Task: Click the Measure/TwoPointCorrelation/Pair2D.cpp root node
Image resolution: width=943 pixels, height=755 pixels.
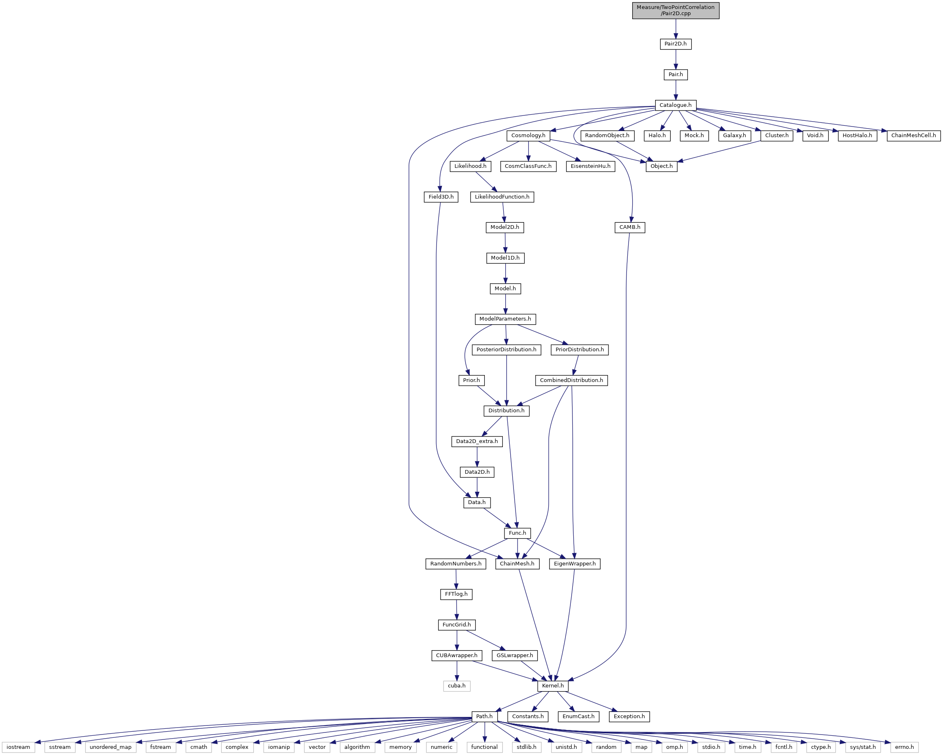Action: click(675, 10)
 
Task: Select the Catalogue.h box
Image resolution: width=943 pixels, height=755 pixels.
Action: click(675, 105)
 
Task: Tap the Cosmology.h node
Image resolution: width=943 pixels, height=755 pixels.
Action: click(528, 136)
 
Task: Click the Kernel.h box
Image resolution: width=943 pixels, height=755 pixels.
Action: click(552, 685)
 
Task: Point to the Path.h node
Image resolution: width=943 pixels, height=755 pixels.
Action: click(484, 716)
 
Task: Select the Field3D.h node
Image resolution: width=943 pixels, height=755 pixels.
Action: click(441, 197)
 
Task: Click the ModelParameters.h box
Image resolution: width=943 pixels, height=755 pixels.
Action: click(505, 319)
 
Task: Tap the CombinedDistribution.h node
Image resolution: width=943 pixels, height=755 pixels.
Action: click(571, 380)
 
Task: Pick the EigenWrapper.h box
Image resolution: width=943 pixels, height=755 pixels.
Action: click(575, 563)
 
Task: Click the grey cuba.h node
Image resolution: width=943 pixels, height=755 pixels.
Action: click(457, 685)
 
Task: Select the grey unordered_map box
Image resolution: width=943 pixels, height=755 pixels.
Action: click(110, 747)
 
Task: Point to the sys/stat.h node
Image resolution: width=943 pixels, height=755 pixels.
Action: click(862, 747)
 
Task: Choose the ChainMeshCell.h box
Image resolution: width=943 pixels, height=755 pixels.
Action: click(913, 136)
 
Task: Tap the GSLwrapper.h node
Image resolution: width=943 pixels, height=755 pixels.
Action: click(515, 655)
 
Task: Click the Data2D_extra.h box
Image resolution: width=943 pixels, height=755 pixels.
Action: click(477, 441)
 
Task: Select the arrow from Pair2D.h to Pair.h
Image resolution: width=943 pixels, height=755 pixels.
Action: click(675, 59)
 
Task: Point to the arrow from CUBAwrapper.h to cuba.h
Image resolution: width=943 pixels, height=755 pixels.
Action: click(457, 671)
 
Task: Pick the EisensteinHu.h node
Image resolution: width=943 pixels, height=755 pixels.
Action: click(590, 166)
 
